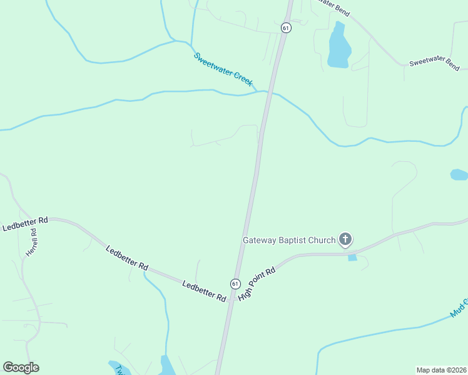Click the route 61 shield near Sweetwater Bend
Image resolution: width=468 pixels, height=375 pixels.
285,27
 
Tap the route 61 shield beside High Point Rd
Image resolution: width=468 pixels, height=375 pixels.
235,283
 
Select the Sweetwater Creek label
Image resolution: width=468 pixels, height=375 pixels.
223,69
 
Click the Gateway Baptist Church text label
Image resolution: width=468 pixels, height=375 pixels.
289,239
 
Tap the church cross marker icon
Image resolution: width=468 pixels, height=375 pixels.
345,239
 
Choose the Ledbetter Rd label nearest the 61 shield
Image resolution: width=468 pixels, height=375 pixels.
204,292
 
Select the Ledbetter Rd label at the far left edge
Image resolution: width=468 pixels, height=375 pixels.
25,224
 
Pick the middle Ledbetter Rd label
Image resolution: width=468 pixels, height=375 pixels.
127,258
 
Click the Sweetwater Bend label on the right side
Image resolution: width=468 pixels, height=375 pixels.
435,62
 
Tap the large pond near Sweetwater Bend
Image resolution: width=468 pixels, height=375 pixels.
338,47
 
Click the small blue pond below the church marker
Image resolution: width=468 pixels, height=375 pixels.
352,257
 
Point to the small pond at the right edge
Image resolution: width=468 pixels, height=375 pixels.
459,174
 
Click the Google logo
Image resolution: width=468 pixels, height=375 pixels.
21,367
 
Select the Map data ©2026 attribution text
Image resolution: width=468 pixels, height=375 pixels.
441,369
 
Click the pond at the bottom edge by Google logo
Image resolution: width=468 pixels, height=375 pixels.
166,366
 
